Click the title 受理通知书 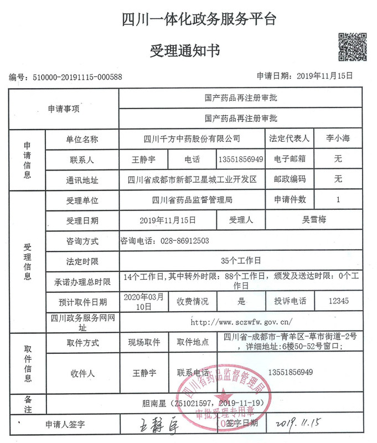pyautogui.click(x=185, y=51)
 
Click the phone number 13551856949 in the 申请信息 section pyautogui.click(x=240, y=159)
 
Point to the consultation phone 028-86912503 pyautogui.click(x=165, y=240)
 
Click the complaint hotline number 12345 pyautogui.click(x=338, y=301)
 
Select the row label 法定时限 pyautogui.click(x=82, y=260)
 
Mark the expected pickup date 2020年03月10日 pyautogui.click(x=143, y=301)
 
